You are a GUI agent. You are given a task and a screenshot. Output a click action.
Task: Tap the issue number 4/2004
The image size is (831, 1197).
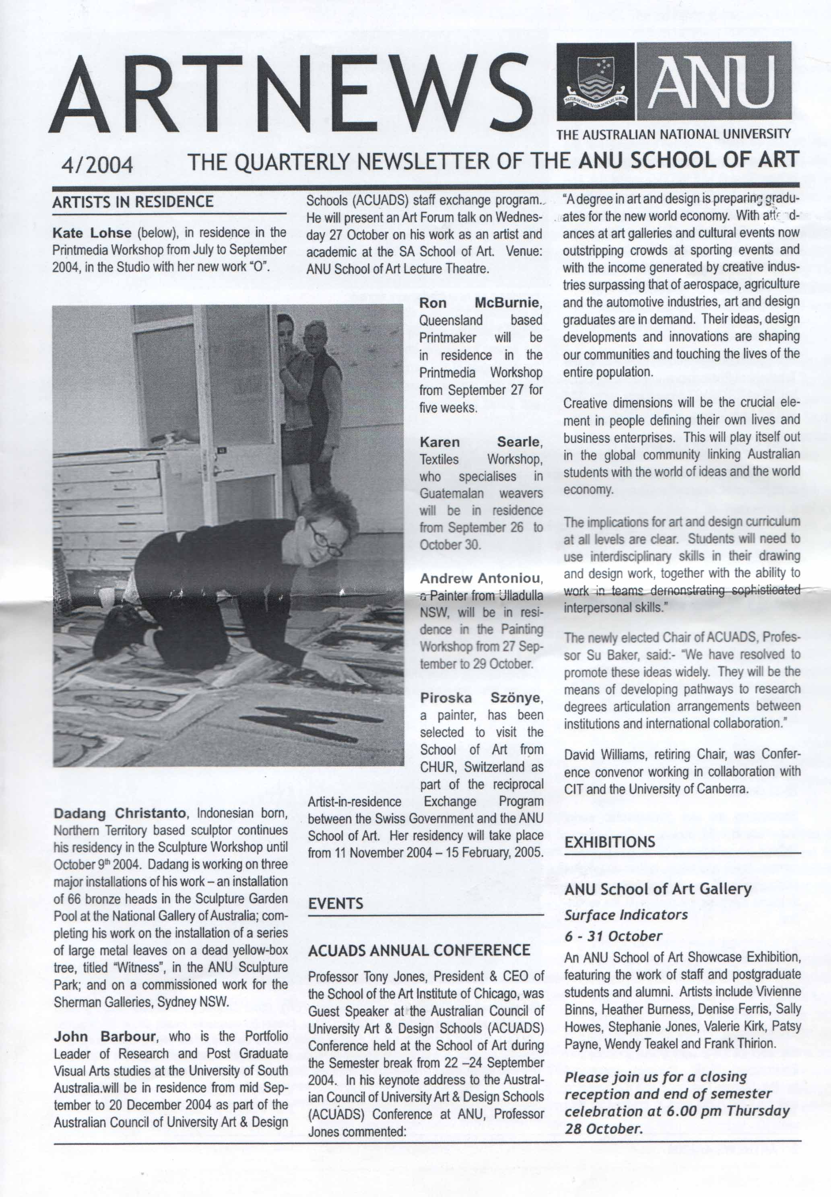click(97, 165)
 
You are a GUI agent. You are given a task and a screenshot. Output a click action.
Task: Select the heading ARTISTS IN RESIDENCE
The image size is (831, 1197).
click(133, 202)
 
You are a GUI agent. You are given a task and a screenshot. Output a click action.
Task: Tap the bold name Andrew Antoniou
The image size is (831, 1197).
click(481, 579)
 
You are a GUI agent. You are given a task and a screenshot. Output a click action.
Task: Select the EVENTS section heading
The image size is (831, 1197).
click(336, 904)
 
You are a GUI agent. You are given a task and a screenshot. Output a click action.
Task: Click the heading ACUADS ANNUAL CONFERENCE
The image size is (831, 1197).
click(419, 951)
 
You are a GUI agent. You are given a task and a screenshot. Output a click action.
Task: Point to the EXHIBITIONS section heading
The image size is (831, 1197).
click(610, 842)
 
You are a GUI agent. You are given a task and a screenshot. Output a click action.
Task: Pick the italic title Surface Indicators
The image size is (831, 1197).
click(626, 915)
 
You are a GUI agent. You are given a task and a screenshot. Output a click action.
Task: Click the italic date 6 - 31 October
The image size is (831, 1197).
click(613, 936)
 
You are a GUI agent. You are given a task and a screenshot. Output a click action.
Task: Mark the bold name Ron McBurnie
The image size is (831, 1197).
click(481, 303)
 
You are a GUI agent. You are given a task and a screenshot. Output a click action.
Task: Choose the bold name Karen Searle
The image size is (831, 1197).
click(481, 442)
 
